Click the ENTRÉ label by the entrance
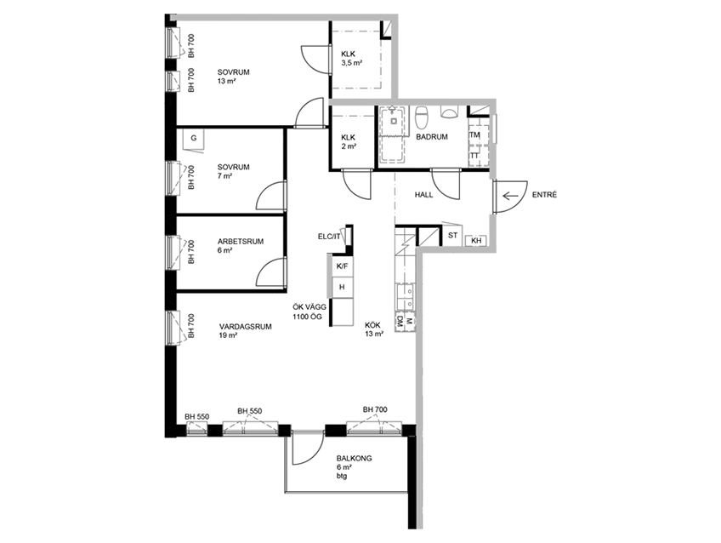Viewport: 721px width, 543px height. [544, 195]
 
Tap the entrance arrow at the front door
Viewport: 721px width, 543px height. [510, 197]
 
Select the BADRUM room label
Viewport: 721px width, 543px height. [432, 137]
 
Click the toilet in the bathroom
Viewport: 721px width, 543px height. [421, 117]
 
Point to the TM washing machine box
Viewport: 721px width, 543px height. [474, 134]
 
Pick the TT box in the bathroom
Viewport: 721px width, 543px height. [474, 156]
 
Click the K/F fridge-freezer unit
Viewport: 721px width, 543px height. [342, 266]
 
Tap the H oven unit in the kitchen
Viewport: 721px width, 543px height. [342, 287]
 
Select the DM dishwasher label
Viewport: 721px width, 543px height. [400, 321]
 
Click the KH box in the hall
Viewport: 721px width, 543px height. [476, 241]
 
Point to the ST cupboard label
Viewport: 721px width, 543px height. [453, 235]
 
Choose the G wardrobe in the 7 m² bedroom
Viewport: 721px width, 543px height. [194, 138]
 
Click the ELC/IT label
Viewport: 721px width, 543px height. [329, 237]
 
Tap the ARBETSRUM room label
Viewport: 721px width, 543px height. [241, 241]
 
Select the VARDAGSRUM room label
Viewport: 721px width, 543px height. [246, 327]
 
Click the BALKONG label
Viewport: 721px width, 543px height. [354, 459]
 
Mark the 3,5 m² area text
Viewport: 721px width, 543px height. [353, 63]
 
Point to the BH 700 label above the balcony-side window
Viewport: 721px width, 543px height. [375, 409]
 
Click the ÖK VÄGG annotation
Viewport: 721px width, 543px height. [309, 307]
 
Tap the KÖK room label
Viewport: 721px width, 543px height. [373, 325]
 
